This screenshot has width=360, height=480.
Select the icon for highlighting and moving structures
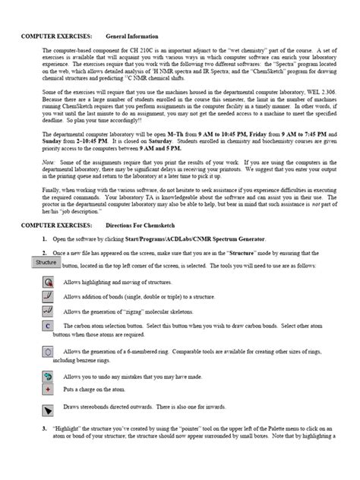(x=48, y=281)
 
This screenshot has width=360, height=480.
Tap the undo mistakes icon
(x=48, y=377)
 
